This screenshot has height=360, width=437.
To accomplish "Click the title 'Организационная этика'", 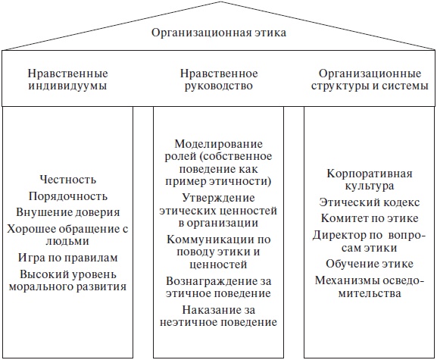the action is [218, 33].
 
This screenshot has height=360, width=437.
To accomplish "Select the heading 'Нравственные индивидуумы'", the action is [67, 80].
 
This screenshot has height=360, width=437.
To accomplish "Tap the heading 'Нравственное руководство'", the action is [219, 80].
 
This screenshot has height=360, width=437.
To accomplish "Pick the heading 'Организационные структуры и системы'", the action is [369, 80].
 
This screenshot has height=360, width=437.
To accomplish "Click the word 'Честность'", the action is [67, 180].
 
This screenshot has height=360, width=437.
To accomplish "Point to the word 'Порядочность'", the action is [67, 196].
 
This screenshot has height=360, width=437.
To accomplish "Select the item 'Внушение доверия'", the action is [67, 211].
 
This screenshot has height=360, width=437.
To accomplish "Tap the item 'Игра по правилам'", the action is [67, 257].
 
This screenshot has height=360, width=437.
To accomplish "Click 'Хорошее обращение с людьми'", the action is [67, 234].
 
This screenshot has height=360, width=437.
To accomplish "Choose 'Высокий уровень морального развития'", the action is [67, 280].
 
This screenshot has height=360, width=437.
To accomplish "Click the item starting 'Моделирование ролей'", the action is [218, 162].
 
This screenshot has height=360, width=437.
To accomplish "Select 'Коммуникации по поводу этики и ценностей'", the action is [218, 251].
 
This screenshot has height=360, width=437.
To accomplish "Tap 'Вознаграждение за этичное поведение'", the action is [218, 287].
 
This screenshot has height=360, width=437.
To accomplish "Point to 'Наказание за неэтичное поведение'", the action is [218, 316].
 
